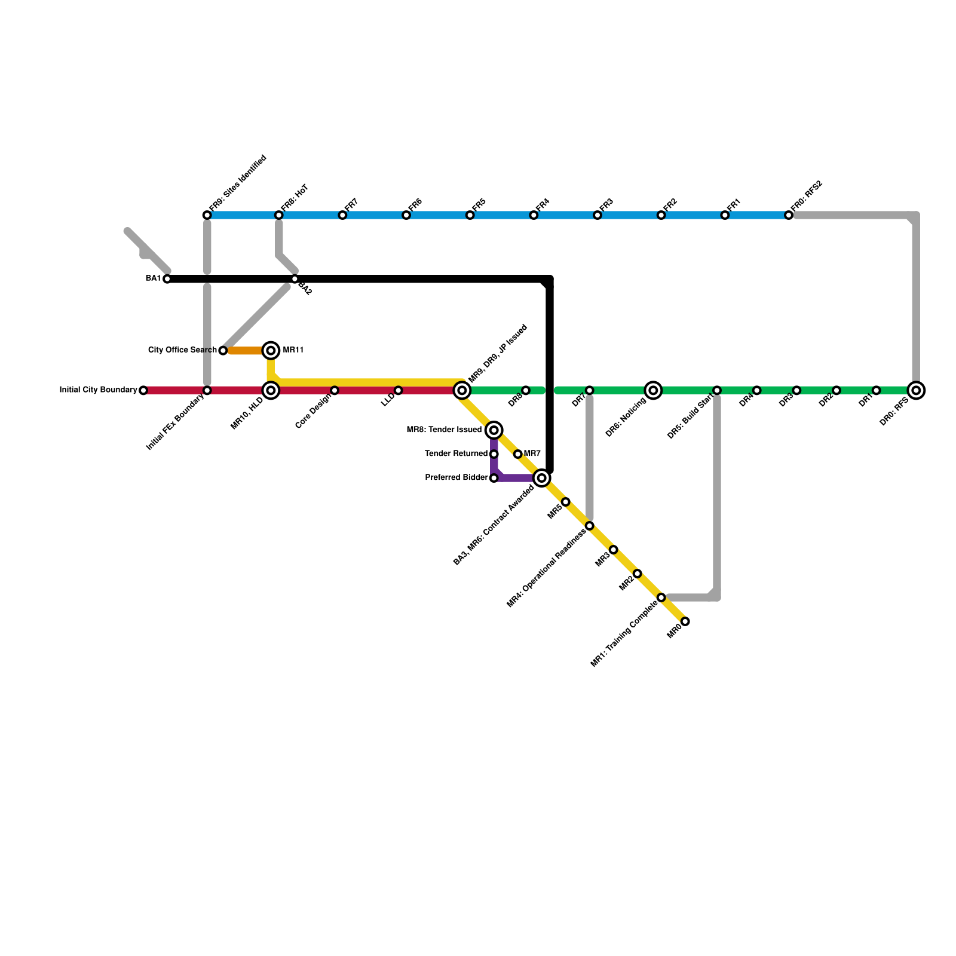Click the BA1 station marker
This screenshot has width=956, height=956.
[167, 279]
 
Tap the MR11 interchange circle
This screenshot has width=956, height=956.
[271, 350]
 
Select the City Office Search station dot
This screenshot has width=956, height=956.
[223, 351]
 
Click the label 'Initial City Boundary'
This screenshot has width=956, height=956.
[99, 390]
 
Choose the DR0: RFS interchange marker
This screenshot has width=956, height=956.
[916, 391]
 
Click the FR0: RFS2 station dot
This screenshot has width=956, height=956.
[789, 215]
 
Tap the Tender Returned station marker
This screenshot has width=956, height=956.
[494, 454]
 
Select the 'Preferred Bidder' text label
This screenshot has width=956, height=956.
[456, 478]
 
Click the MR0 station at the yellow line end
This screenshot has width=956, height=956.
[685, 621]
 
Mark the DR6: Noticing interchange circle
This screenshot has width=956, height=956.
[654, 391]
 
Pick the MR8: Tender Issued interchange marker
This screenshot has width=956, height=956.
[494, 430]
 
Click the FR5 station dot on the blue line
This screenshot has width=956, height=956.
[470, 215]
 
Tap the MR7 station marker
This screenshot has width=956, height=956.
[518, 454]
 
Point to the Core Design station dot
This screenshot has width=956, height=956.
[335, 391]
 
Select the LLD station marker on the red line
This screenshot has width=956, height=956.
[399, 391]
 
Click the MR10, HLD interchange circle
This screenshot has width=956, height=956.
[271, 391]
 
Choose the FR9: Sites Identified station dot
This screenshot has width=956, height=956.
[207, 215]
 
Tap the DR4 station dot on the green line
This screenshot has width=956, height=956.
[757, 391]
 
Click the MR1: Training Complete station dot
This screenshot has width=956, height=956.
[661, 597]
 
